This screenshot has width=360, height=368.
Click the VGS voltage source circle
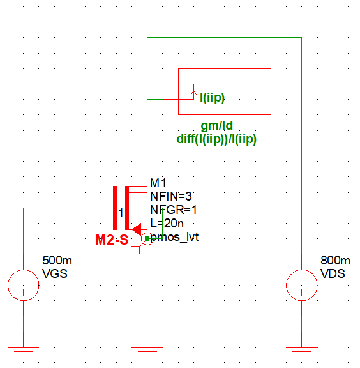24,285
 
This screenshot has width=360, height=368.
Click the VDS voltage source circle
301,285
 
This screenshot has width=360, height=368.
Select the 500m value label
54,261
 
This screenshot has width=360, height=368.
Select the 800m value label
335,261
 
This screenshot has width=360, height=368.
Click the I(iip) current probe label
212,98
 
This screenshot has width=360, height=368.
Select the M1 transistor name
158,184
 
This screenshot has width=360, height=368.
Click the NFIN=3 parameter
170,196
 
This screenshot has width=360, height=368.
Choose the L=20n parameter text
167,222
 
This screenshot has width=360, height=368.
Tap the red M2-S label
112,240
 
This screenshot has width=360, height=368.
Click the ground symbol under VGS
24,350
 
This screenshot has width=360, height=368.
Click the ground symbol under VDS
301,350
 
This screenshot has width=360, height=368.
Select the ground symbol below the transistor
147,350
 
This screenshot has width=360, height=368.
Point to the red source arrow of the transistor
136,229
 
